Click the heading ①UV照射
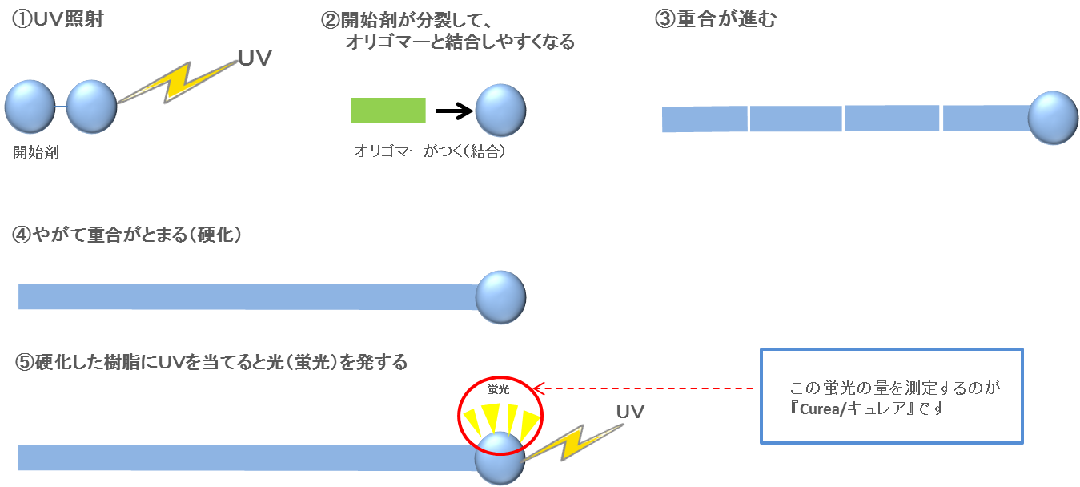pyautogui.click(x=58, y=20)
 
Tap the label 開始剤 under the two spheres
pyautogui.click(x=36, y=152)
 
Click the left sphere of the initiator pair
pyautogui.click(x=30, y=107)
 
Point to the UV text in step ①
pyautogui.click(x=255, y=58)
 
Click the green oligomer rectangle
pyautogui.click(x=388, y=111)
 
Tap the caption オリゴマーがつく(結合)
pyautogui.click(x=429, y=151)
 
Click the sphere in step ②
pyautogui.click(x=501, y=111)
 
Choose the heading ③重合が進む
pyautogui.click(x=715, y=20)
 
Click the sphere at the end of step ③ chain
pyautogui.click(x=1054, y=118)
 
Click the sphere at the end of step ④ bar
pyautogui.click(x=501, y=297)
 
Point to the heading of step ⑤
pyautogui.click(x=211, y=363)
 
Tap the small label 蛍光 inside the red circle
pyautogui.click(x=498, y=389)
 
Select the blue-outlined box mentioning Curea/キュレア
pyautogui.click(x=892, y=396)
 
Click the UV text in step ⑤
pyautogui.click(x=630, y=412)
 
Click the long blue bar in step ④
pyautogui.click(x=248, y=296)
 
